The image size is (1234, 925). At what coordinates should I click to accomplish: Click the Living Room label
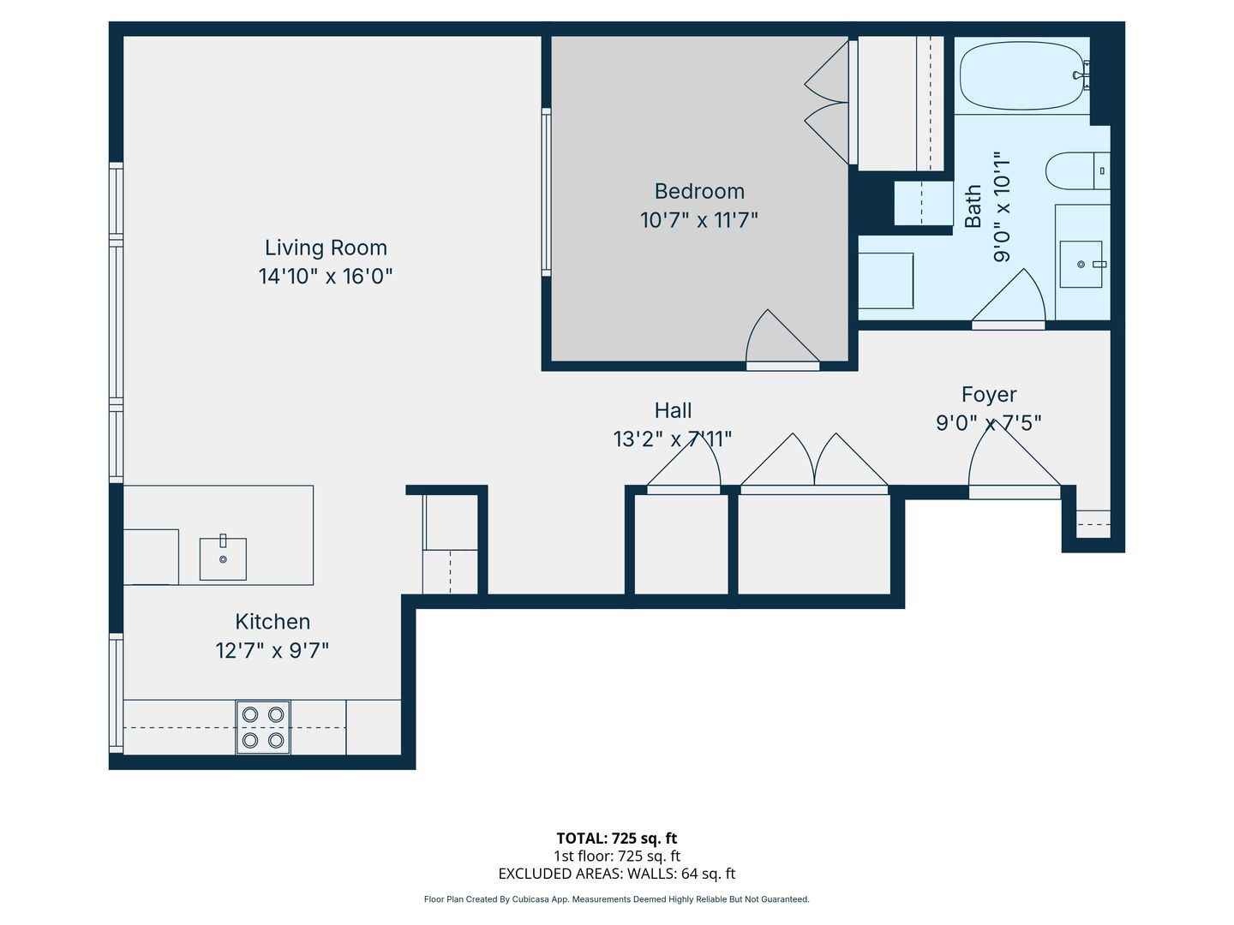326,248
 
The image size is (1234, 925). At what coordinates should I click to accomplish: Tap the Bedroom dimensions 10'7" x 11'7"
698,220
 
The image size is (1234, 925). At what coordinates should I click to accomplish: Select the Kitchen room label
273,622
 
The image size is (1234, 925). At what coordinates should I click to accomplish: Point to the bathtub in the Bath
1021,75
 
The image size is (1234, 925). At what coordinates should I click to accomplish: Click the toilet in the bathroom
1077,170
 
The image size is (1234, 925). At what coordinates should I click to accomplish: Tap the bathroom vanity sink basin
1081,264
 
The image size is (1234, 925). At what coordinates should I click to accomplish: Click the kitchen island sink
223,558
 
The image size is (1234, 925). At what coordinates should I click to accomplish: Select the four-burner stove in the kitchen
262,727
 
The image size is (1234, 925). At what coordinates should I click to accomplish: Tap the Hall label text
673,410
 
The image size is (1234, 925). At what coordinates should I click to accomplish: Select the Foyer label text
988,395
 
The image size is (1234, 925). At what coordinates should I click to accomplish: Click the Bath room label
973,206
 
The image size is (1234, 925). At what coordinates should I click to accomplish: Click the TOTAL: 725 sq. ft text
617,838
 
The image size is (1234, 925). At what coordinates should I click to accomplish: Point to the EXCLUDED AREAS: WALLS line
617,874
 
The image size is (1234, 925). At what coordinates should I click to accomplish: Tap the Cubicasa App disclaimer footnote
617,899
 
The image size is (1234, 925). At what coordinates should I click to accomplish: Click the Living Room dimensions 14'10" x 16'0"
326,277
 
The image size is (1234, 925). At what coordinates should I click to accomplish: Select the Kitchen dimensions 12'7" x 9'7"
273,650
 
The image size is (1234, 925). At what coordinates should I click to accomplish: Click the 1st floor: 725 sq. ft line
617,856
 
